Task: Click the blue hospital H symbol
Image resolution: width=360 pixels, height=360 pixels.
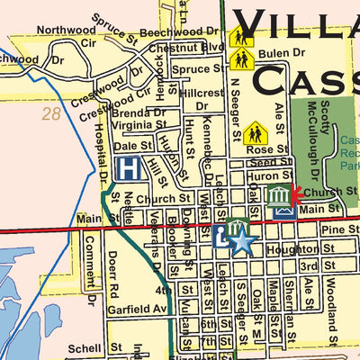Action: point(130,168)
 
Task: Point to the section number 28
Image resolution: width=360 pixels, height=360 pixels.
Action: point(52,114)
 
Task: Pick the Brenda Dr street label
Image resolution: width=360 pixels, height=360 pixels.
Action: point(139,114)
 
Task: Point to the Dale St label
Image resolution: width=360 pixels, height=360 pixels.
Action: point(133,145)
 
